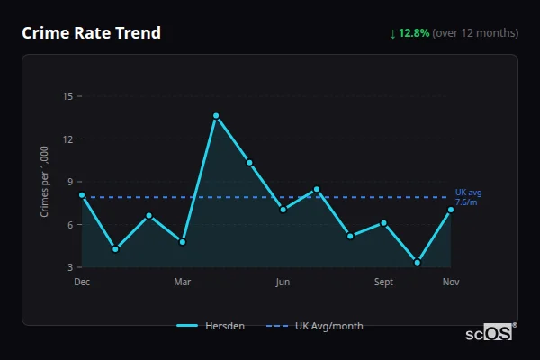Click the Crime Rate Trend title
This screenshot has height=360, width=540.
(91, 33)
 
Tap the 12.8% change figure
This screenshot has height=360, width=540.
(415, 33)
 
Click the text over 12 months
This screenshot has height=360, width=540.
(476, 33)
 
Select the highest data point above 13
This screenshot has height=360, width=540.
(216, 115)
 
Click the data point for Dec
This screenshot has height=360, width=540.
(82, 194)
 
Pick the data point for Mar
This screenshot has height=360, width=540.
(183, 242)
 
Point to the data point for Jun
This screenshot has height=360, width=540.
(283, 210)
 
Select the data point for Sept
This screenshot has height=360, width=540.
(383, 222)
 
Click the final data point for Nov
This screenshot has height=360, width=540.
(451, 210)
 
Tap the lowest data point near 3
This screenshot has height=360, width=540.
(418, 263)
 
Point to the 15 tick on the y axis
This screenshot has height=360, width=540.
(67, 96)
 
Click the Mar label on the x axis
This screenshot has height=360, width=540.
(183, 283)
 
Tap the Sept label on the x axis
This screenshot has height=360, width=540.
(383, 283)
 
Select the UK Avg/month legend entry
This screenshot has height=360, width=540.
(316, 326)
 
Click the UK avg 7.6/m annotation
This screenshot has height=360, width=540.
(468, 197)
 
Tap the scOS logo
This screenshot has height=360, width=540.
(489, 333)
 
